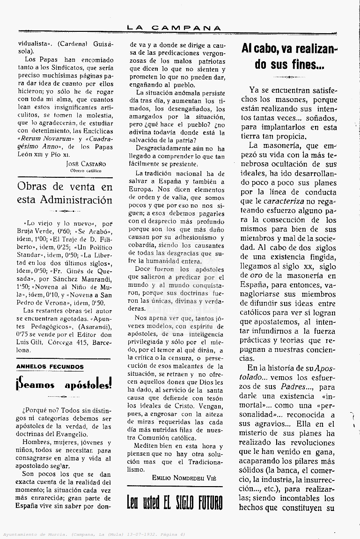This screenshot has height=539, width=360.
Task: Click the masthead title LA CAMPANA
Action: (174, 28)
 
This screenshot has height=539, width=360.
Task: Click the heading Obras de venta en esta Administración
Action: (65, 193)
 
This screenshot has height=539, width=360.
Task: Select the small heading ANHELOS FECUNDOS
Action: (50, 367)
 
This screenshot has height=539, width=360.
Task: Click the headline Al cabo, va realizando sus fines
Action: (290, 56)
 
